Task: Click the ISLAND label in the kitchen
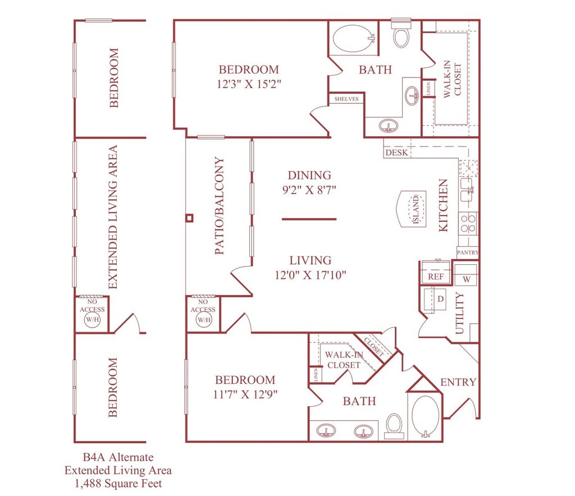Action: (x=416, y=209)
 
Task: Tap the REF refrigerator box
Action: (x=436, y=272)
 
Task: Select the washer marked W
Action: (x=466, y=275)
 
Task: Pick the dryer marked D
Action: (x=436, y=299)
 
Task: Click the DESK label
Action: (x=396, y=153)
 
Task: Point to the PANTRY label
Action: (x=468, y=252)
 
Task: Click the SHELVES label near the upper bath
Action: (x=346, y=99)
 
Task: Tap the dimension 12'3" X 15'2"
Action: (x=249, y=84)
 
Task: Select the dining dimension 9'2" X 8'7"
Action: (x=309, y=190)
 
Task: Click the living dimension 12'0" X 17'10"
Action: (x=310, y=275)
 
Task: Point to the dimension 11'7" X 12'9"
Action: (x=245, y=394)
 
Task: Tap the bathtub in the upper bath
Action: (x=354, y=38)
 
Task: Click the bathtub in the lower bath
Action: (x=426, y=416)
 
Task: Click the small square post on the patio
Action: (x=189, y=218)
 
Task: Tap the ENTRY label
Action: (x=458, y=382)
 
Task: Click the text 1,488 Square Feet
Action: (x=118, y=484)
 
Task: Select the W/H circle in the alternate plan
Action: (x=92, y=319)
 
